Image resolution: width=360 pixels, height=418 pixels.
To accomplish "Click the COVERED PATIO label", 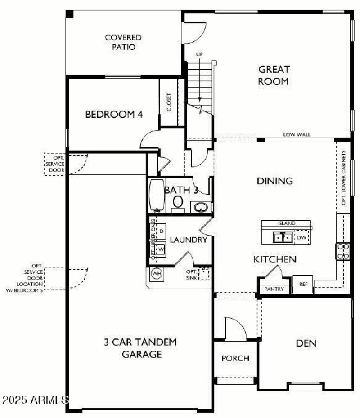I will coord(123,42).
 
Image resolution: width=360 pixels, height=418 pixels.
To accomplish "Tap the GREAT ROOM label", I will coord(274,75).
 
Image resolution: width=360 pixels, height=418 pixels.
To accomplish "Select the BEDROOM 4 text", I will coord(114,115).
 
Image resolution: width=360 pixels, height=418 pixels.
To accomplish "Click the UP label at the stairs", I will coord(200,54).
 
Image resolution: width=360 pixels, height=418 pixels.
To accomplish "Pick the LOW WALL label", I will coord(297,134).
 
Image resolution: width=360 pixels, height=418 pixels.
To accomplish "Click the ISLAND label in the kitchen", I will coord(287,223).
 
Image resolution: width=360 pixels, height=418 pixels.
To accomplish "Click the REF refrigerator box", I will coord(303,284).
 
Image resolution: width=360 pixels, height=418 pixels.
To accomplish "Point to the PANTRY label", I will coord(274,289).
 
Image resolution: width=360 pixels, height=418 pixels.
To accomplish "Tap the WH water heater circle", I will coord(157,273).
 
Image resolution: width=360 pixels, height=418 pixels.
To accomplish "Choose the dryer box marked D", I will coord(161,231).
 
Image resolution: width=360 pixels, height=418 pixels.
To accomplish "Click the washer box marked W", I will coord(161,249).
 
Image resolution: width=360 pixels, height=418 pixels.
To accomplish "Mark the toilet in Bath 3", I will coord(178,203).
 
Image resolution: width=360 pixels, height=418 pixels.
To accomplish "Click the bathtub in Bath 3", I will coord(157,196).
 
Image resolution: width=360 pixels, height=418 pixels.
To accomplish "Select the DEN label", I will coord(306,343).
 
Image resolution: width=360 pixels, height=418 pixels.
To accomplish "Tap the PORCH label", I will coord(235,358).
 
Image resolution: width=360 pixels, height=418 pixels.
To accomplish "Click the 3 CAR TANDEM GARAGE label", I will coord(138,348).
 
